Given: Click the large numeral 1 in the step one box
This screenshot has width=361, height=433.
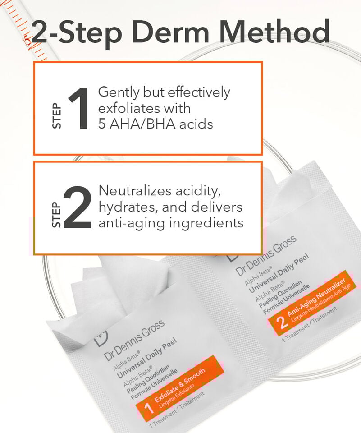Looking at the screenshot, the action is [x=79, y=108].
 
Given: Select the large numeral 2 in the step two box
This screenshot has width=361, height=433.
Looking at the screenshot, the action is [x=78, y=207].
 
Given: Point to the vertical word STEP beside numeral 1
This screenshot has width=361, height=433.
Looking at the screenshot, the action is [x=57, y=116].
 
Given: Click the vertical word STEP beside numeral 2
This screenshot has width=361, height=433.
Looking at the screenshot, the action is [x=56, y=215].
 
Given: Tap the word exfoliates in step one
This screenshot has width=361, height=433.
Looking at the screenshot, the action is [x=129, y=108].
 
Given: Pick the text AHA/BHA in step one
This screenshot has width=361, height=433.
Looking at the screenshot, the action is [x=142, y=124].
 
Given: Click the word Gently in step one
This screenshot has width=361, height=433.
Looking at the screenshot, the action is [x=119, y=92].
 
